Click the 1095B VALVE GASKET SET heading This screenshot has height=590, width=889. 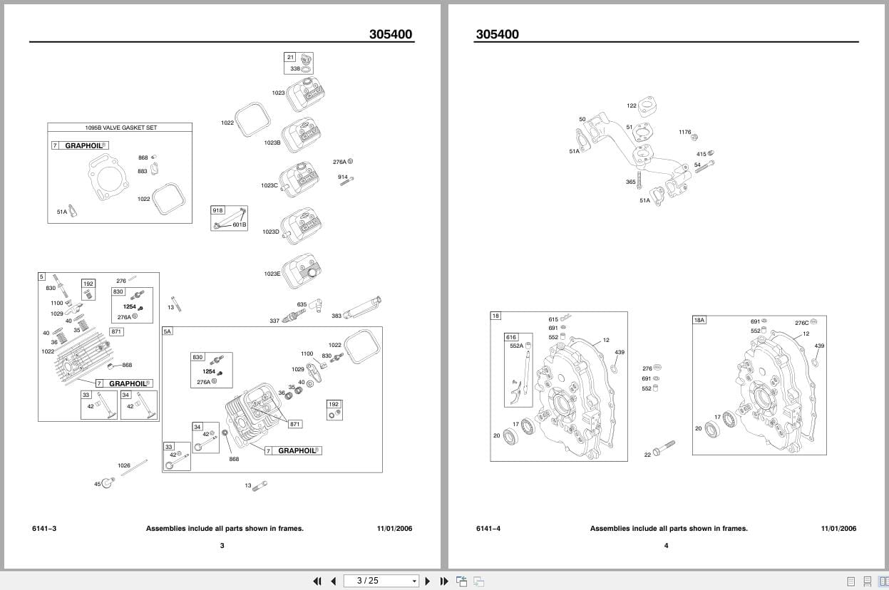click(120, 128)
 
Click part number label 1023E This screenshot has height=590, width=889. click(272, 274)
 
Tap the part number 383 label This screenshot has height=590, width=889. click(336, 316)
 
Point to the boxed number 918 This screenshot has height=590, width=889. click(217, 210)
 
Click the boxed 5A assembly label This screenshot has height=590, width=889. click(168, 331)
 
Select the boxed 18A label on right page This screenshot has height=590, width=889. click(699, 320)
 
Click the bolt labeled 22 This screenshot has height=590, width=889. click(662, 448)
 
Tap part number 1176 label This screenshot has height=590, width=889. click(684, 132)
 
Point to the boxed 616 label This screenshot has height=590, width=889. click(510, 337)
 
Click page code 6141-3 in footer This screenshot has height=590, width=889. click(44, 528)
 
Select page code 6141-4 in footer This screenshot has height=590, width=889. click(488, 528)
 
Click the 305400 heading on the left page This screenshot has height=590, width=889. click(390, 34)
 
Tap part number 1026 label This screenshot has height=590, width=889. click(124, 465)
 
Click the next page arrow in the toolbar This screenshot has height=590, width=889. click(428, 581)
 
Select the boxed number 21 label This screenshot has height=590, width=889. click(289, 57)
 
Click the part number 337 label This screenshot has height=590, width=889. click(274, 321)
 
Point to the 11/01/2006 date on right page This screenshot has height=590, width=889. click(838, 528)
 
